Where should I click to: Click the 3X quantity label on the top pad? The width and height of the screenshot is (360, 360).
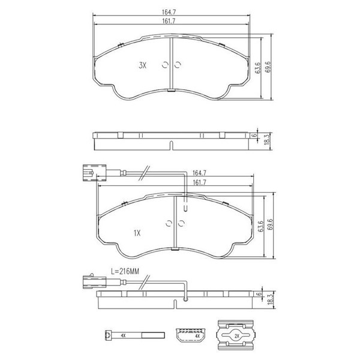[x=142, y=65]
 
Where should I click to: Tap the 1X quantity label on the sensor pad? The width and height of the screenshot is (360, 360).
[x=137, y=233]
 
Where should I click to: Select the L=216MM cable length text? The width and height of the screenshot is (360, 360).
[x=125, y=271]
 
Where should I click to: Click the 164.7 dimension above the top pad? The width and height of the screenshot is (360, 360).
[x=169, y=12]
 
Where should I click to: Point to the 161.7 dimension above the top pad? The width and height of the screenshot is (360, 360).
[x=169, y=21]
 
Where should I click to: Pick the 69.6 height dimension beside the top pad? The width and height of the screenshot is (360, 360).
[x=268, y=67]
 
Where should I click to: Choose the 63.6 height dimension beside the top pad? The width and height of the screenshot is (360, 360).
[x=258, y=68]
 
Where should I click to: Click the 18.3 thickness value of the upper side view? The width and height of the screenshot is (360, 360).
[x=267, y=139]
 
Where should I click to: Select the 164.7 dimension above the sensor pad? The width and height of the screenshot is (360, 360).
[x=199, y=173]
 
